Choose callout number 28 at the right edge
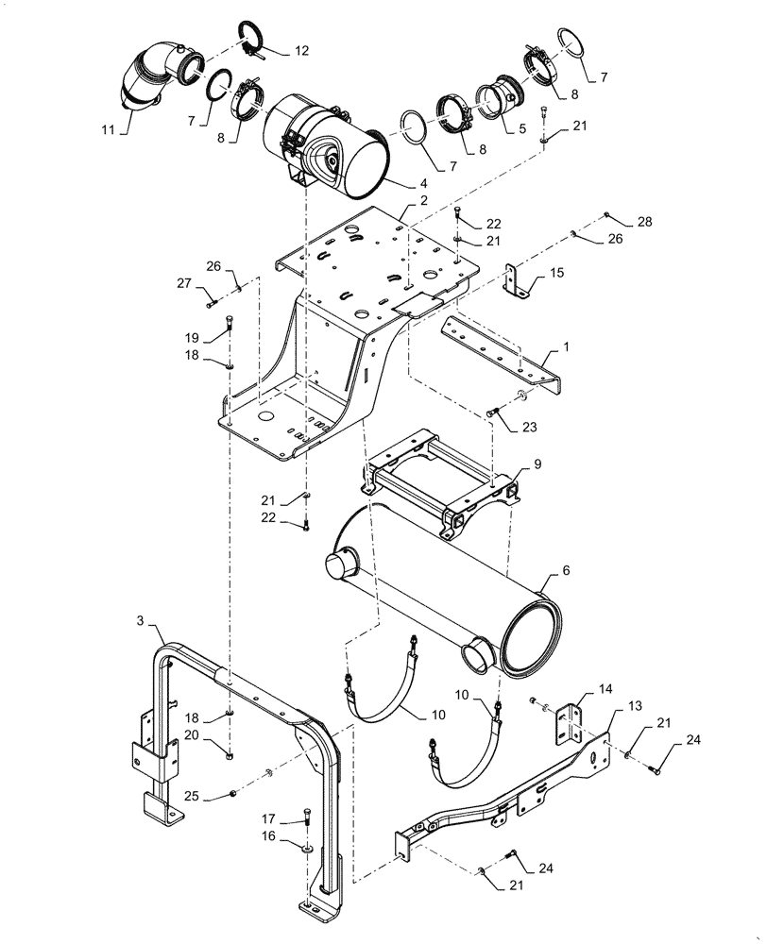tap(643, 221)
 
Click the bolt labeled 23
tap(491, 412)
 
